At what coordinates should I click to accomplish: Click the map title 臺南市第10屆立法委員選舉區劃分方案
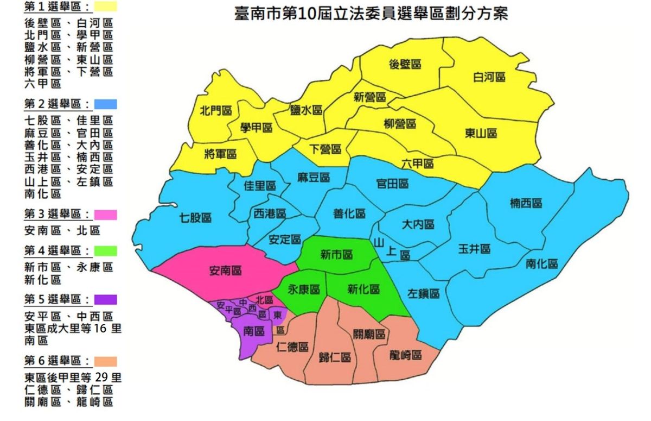(x=371, y=13)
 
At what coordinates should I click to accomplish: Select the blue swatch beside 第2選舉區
(x=105, y=104)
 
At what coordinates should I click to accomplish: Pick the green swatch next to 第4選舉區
(x=105, y=251)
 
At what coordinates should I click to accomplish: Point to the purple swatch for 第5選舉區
(x=105, y=299)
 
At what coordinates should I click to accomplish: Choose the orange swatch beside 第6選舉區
(x=105, y=361)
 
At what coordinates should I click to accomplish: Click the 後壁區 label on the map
(x=405, y=64)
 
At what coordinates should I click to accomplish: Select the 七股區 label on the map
(x=195, y=218)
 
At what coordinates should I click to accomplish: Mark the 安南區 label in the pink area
(x=225, y=271)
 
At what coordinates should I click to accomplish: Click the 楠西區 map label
(x=526, y=203)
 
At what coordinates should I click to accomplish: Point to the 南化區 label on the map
(x=541, y=264)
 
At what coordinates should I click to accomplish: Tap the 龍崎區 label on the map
(x=406, y=355)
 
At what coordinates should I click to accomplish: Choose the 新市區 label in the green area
(x=336, y=254)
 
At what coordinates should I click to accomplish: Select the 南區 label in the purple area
(x=254, y=330)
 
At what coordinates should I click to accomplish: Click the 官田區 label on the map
(x=392, y=184)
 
